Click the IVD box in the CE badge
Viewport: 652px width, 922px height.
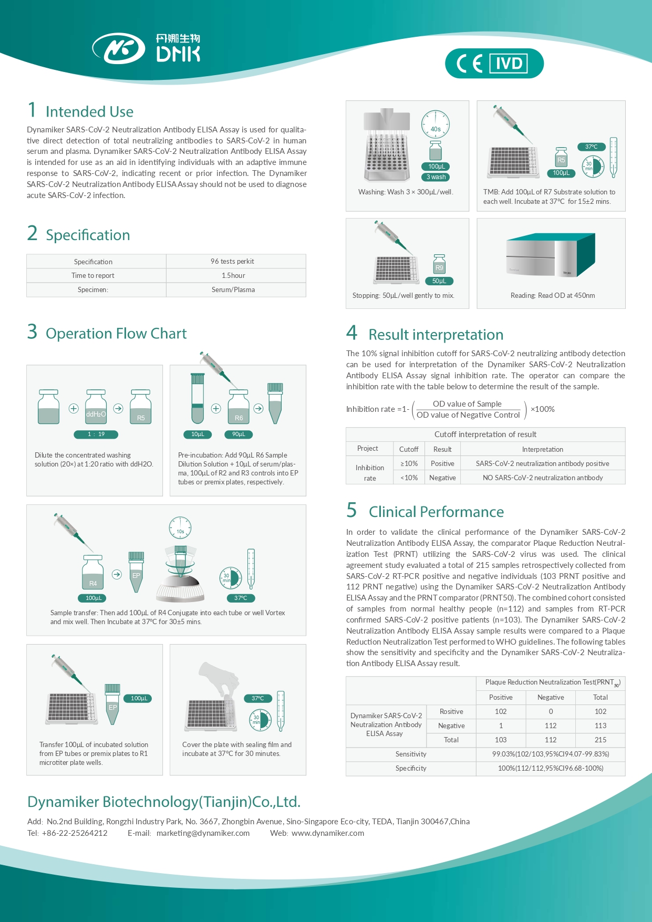pos(509,64)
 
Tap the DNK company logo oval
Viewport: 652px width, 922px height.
pos(119,49)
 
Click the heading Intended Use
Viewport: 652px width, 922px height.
pos(89,111)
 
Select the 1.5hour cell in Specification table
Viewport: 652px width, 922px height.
pos(233,275)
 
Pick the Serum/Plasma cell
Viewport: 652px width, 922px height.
pos(233,289)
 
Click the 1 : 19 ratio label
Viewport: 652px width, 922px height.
pos(96,434)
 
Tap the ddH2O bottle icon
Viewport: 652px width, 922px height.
pos(96,407)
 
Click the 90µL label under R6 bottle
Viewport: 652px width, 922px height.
pos(239,434)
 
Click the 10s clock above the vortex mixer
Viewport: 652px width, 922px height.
pos(180,528)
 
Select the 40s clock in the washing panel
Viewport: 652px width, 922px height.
pos(435,125)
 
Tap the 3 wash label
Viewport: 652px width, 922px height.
pos(436,177)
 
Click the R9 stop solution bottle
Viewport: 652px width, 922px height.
pos(439,264)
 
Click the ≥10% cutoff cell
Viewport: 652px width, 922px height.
pos(409,463)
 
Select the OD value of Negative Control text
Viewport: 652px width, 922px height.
pos(468,415)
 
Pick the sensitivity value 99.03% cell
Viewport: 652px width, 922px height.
pos(550,754)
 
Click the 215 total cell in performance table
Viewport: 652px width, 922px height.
pos(600,740)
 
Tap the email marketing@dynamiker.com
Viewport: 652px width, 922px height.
pos(203,833)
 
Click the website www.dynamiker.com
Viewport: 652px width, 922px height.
pos(328,833)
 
